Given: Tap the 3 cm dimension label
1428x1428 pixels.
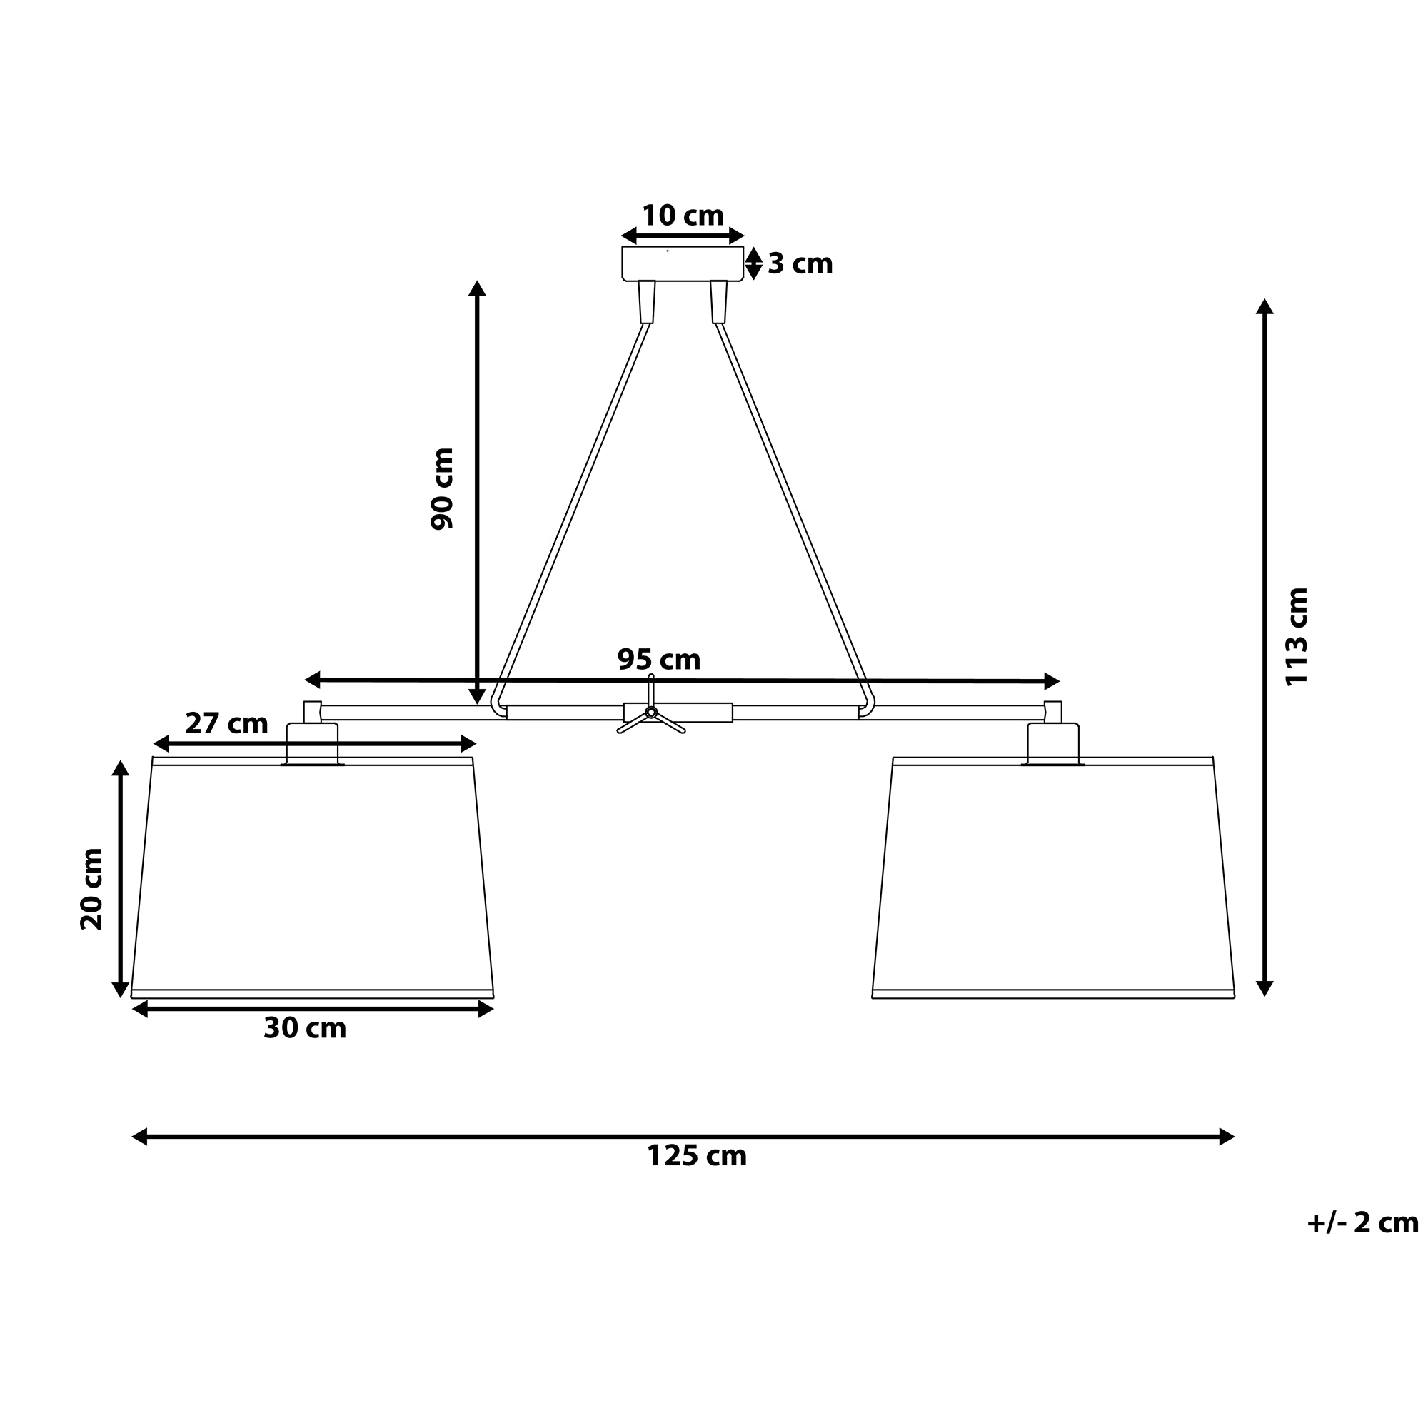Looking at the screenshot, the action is pyautogui.click(x=800, y=264).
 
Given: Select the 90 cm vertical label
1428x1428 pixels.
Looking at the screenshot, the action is pyautogui.click(x=442, y=488).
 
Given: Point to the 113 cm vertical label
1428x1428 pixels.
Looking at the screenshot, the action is pyautogui.click(x=1297, y=636).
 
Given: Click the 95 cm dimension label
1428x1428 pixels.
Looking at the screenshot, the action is pyautogui.click(x=658, y=659).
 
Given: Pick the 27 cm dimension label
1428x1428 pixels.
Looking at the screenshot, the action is pyautogui.click(x=226, y=723).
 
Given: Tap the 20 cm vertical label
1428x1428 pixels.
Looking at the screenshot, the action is pyautogui.click(x=91, y=888).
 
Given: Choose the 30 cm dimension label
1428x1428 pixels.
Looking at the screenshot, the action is pyautogui.click(x=305, y=1028).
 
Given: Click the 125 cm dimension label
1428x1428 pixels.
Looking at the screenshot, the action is pyautogui.click(x=696, y=1155).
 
